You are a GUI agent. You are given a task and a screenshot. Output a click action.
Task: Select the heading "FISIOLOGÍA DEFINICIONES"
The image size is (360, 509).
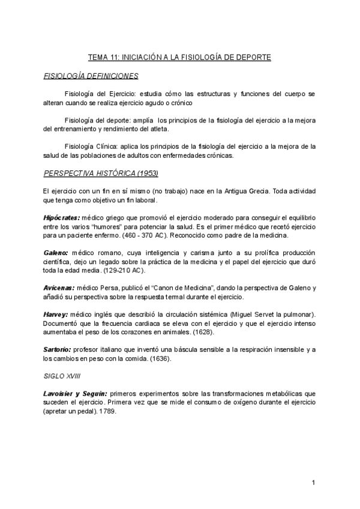91,76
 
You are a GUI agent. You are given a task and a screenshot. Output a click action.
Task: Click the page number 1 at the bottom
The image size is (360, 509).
313,483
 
